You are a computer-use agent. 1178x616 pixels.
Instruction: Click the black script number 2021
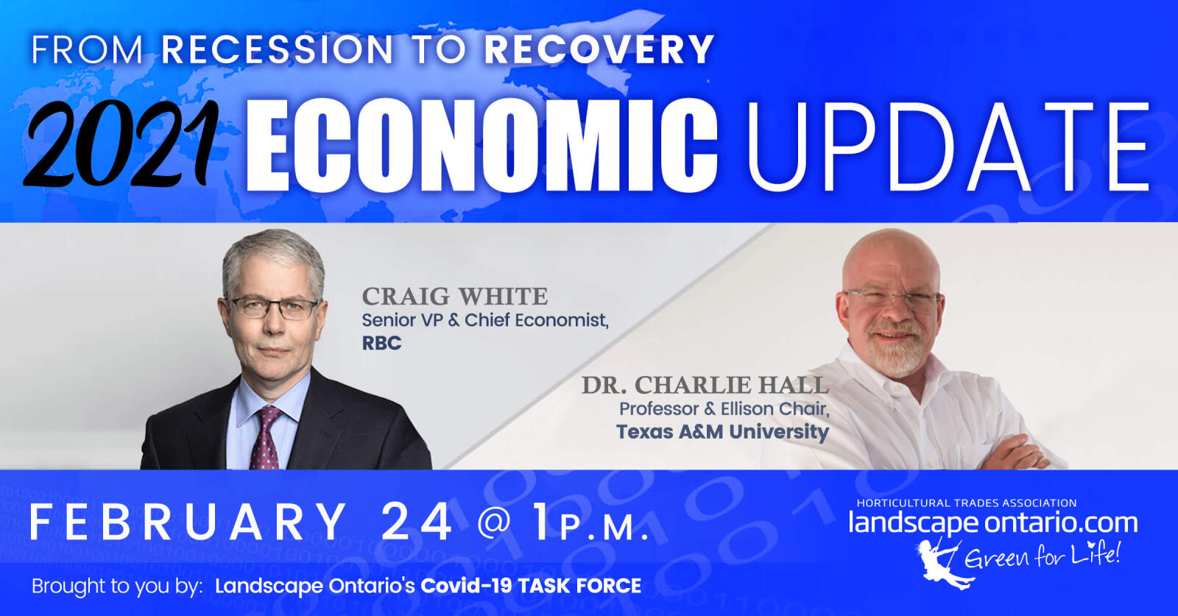click(121, 143)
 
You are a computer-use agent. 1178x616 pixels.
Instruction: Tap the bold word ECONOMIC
click(482, 145)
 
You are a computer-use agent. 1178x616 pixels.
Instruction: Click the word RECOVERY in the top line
click(599, 50)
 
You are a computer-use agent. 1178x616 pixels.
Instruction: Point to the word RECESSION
click(277, 50)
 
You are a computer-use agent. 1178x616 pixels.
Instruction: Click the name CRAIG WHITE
click(455, 297)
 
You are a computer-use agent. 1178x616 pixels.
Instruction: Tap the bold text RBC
click(382, 343)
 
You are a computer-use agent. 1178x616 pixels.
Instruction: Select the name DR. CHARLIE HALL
click(705, 385)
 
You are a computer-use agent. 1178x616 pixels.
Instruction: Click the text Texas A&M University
click(722, 431)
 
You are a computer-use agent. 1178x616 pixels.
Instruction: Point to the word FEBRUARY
click(188, 521)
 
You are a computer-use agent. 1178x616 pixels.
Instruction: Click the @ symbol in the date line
click(495, 523)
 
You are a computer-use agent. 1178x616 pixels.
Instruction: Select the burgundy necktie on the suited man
click(266, 437)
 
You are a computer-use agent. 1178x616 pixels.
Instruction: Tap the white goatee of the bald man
click(893, 350)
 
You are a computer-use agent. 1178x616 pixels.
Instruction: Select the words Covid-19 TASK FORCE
click(531, 586)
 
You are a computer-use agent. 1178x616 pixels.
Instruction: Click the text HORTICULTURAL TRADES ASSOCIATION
click(967, 503)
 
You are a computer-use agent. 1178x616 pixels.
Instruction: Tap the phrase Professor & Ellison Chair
click(724, 409)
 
